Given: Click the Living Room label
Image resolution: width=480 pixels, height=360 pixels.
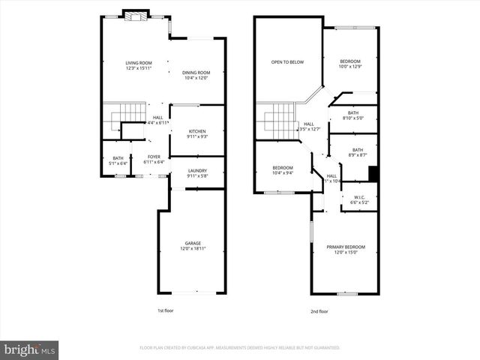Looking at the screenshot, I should (139, 63).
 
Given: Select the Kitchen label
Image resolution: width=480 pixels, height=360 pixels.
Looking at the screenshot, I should (197, 130).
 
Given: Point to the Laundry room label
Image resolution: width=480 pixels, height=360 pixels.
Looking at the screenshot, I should (197, 171).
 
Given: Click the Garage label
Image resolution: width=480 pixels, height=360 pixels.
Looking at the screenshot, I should (193, 242).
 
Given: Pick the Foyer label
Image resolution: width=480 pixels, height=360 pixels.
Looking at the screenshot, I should (153, 156).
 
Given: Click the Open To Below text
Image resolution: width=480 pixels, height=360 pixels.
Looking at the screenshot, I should (287, 62).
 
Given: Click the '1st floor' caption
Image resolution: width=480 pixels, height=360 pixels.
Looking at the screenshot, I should (166, 310).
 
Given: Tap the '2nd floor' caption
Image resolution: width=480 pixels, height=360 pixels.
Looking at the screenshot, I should (319, 310).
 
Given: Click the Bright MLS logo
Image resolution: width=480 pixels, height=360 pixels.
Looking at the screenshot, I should (30, 349).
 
